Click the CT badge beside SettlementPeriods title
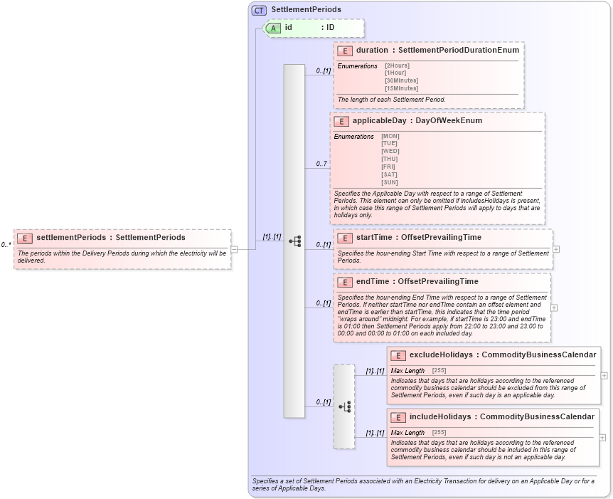coord(259,10)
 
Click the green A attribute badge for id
coord(273,28)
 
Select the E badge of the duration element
coord(345,51)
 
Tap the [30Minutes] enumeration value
coord(401,81)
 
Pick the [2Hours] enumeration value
coord(397,65)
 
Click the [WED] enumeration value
coord(390,151)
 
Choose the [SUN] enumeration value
coord(390,182)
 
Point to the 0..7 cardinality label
coord(321,164)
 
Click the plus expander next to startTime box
coord(556,249)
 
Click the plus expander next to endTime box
coord(555,308)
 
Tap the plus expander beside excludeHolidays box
coord(604,375)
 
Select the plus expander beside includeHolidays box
coord(604,437)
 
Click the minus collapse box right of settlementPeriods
coord(234,249)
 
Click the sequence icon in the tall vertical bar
coord(294,241)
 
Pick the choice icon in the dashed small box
coord(344,406)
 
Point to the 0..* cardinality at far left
coord(6,245)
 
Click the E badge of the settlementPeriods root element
coord(25,238)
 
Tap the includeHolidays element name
coord(441,416)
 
